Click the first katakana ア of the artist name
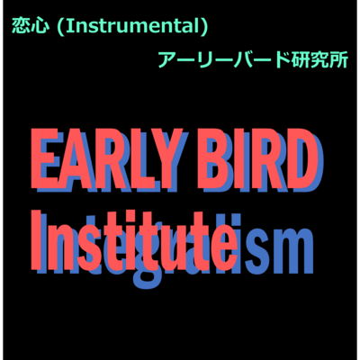coord(167,60)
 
